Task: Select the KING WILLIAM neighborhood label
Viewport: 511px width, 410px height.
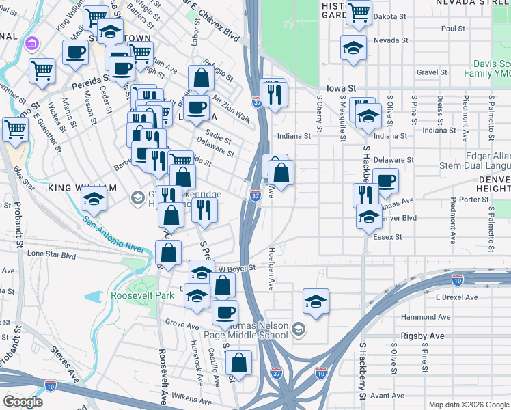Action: [78, 187]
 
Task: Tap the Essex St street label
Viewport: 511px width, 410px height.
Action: [387, 237]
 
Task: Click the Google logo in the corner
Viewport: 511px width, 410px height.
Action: [23, 401]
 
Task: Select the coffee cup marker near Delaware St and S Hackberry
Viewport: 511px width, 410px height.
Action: [385, 181]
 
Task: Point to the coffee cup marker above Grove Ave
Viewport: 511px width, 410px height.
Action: [224, 312]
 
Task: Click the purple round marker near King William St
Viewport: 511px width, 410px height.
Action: [30, 45]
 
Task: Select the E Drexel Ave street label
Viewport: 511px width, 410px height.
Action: [456, 297]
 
